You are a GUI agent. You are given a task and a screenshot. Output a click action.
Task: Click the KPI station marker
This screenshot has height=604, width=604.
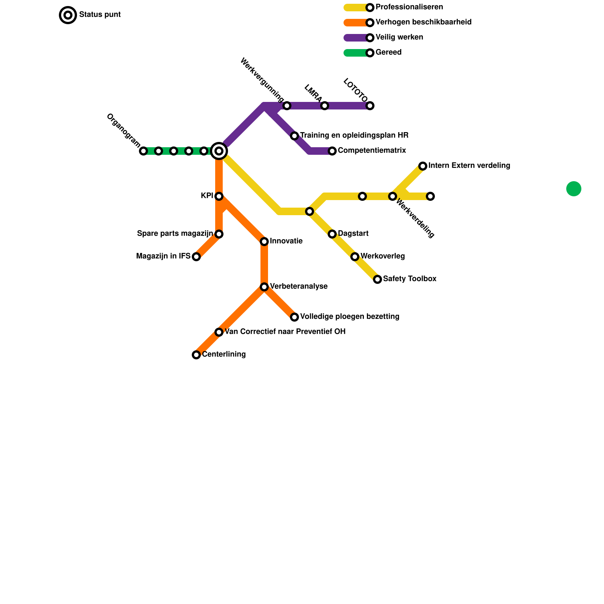tap(219, 196)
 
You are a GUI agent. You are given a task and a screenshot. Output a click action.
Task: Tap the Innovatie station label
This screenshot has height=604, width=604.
tap(286, 241)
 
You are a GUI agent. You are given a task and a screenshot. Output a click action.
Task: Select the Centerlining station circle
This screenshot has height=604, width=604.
tap(196, 355)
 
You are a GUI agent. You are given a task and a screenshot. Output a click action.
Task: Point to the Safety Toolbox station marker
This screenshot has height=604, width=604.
tap(377, 279)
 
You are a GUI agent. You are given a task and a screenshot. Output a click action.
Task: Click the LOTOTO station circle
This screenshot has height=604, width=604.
tap(370, 106)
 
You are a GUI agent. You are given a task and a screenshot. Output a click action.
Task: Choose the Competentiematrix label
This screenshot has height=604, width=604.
tap(372, 151)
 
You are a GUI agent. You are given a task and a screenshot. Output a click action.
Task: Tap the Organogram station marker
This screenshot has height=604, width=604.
tap(143, 151)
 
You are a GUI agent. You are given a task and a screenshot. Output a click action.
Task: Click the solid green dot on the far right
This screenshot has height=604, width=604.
tap(574, 189)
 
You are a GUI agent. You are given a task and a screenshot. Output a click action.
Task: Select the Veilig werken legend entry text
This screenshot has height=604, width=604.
tap(399, 37)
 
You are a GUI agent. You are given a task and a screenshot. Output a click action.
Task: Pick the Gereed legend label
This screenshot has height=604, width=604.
tap(388, 52)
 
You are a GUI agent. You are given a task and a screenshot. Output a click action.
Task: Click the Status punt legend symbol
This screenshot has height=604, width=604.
tap(68, 15)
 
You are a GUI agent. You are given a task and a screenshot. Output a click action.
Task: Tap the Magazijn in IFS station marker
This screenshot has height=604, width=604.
tap(196, 257)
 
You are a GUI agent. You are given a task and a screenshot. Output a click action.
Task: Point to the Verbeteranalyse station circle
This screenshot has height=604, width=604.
tap(264, 287)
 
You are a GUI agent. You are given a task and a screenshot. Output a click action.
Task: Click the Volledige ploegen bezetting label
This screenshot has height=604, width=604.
tap(350, 317)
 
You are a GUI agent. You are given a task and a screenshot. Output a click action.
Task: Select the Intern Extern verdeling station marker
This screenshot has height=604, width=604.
tap(423, 166)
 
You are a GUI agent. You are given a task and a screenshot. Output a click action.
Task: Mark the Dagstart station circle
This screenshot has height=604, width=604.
tap(332, 234)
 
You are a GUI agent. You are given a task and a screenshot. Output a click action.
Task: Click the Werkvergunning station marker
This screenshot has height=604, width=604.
tap(287, 106)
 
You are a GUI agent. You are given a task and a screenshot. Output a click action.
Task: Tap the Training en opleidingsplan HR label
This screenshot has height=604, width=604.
tap(354, 136)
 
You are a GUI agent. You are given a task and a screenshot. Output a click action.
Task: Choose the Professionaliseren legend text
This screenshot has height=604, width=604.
tap(409, 7)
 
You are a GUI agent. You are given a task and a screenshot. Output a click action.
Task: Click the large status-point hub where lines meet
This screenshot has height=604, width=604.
tap(219, 151)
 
